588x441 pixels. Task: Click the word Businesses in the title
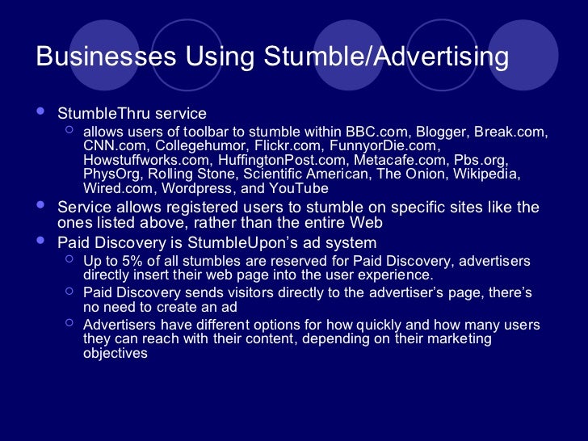click(x=105, y=57)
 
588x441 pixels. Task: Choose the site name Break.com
click(x=510, y=132)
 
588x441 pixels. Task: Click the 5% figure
click(x=128, y=261)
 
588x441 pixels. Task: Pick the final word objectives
click(x=115, y=353)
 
